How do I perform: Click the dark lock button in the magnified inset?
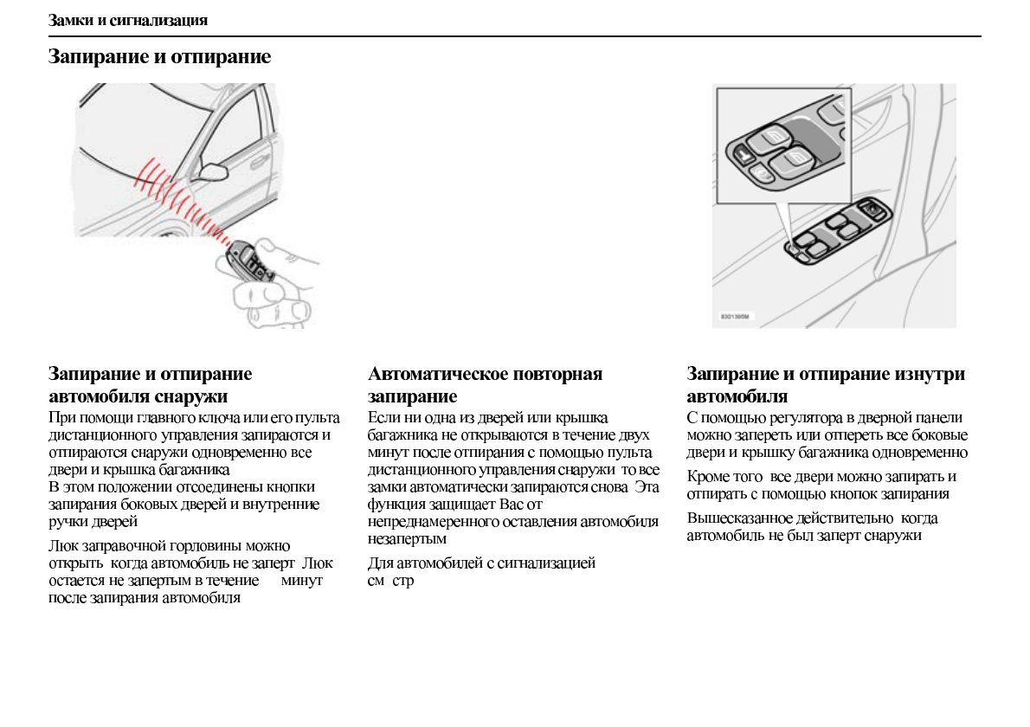[744, 155]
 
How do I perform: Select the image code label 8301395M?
[734, 318]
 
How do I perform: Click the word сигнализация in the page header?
[158, 19]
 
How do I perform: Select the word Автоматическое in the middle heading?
[439, 375]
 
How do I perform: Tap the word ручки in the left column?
[68, 522]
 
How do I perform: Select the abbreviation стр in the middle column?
[403, 581]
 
